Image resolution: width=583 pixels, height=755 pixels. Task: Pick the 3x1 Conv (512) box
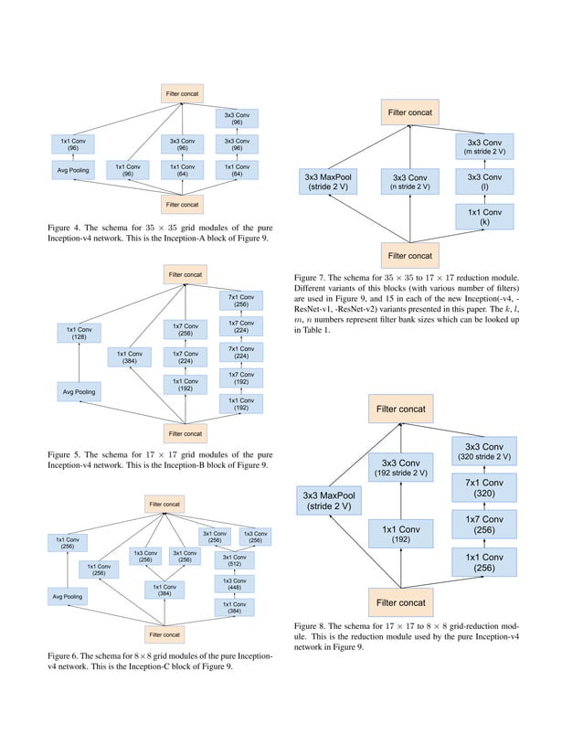coord(235,560)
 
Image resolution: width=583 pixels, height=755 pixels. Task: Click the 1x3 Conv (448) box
coord(235,584)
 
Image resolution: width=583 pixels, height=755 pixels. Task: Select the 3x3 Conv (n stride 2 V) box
coord(410,181)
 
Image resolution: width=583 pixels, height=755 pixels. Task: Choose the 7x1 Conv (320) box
coord(484,487)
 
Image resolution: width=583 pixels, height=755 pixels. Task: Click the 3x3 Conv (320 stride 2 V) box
coord(484,451)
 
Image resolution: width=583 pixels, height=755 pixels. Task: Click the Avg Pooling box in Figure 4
coord(73,170)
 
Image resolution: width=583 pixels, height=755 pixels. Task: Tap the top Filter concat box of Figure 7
coord(410,113)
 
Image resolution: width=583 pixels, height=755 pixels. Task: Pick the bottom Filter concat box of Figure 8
coord(401,602)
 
